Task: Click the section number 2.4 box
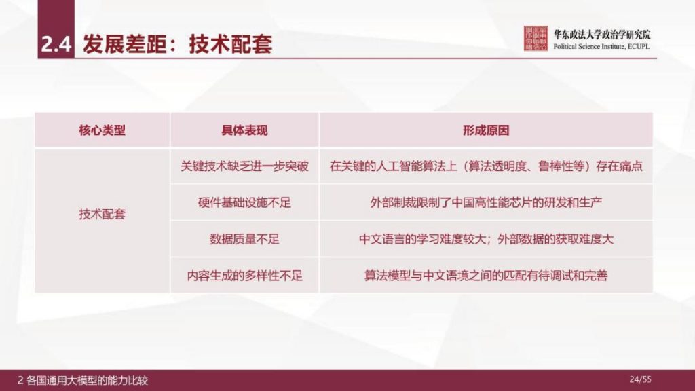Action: (x=56, y=45)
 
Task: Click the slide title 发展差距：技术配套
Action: (x=177, y=45)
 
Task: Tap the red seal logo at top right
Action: (x=536, y=39)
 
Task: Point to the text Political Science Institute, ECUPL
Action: (x=601, y=46)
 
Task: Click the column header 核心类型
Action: (x=102, y=130)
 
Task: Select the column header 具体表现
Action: (x=244, y=130)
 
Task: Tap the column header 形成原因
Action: (x=486, y=130)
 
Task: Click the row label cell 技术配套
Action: (x=102, y=214)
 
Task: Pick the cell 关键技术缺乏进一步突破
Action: (x=244, y=166)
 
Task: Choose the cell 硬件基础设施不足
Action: (x=244, y=203)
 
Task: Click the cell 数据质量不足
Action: (x=244, y=239)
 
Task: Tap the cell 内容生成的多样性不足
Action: (x=244, y=276)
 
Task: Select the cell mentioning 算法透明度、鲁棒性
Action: (x=486, y=166)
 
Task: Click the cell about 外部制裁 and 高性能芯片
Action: (x=486, y=203)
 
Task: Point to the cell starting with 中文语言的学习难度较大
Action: (x=486, y=239)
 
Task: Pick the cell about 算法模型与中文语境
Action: (x=486, y=276)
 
